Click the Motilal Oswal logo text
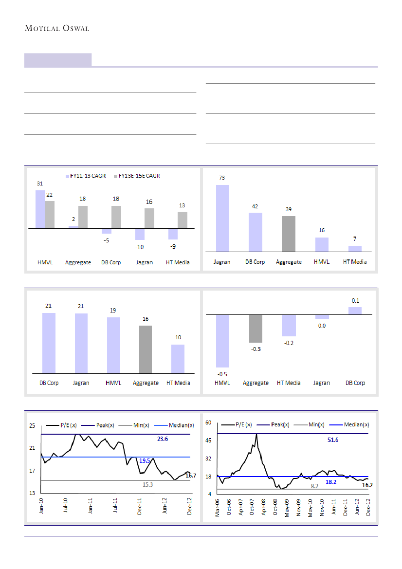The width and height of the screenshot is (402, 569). point(57,28)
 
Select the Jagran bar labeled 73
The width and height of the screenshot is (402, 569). point(222,218)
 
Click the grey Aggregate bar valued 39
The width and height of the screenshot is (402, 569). point(289,234)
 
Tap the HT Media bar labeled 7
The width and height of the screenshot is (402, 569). point(355,249)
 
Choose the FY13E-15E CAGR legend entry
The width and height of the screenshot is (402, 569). point(136,176)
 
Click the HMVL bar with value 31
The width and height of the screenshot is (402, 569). point(40,209)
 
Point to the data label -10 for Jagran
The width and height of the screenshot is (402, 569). point(140,247)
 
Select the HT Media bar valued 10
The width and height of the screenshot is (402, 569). point(178,359)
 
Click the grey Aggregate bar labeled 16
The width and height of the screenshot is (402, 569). point(146,349)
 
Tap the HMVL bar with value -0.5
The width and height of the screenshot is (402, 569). point(222,341)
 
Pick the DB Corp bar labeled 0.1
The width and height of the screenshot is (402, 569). point(355,311)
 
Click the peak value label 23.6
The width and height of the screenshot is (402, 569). point(163,439)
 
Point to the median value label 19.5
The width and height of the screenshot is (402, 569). point(145,460)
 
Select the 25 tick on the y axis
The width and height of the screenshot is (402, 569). point(32,426)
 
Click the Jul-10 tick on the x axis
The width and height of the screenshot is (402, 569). point(66,506)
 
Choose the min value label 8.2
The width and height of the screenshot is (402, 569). point(314,486)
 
